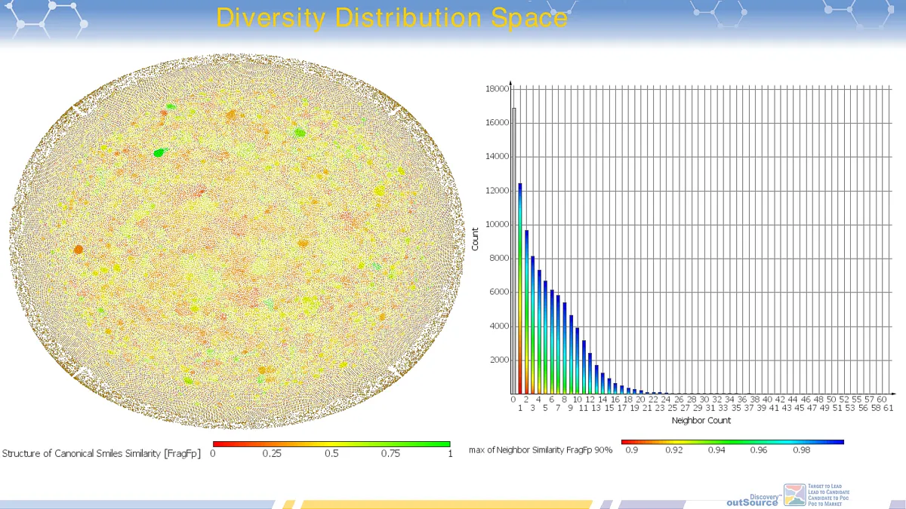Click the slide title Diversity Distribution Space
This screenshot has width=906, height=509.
[391, 17]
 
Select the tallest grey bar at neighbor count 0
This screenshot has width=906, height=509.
[514, 249]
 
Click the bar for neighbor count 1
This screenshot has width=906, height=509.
[520, 287]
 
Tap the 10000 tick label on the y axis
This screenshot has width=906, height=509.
[495, 225]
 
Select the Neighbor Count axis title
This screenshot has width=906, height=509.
[701, 420]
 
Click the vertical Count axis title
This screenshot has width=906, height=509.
[475, 240]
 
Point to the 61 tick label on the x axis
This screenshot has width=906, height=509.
[889, 408]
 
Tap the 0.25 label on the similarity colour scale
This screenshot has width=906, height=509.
[272, 453]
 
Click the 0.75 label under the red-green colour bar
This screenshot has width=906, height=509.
[390, 453]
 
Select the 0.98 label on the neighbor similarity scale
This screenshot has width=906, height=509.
[801, 449]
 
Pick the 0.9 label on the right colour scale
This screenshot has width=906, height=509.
[631, 449]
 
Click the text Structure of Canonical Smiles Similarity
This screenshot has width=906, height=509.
[101, 453]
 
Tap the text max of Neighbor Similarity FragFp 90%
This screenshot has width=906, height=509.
[541, 449]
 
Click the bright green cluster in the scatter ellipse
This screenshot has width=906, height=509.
[159, 152]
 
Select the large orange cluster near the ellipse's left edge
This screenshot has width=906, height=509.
[79, 249]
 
